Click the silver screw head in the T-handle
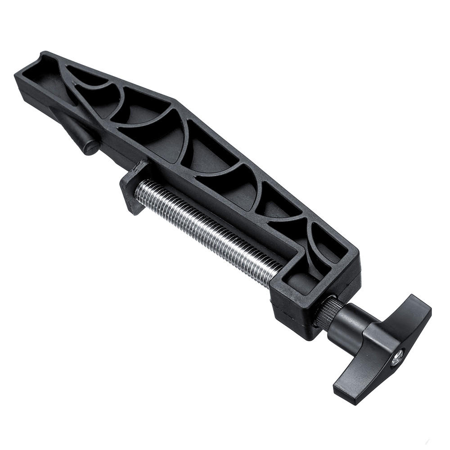396,359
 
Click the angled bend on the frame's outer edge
175,101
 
